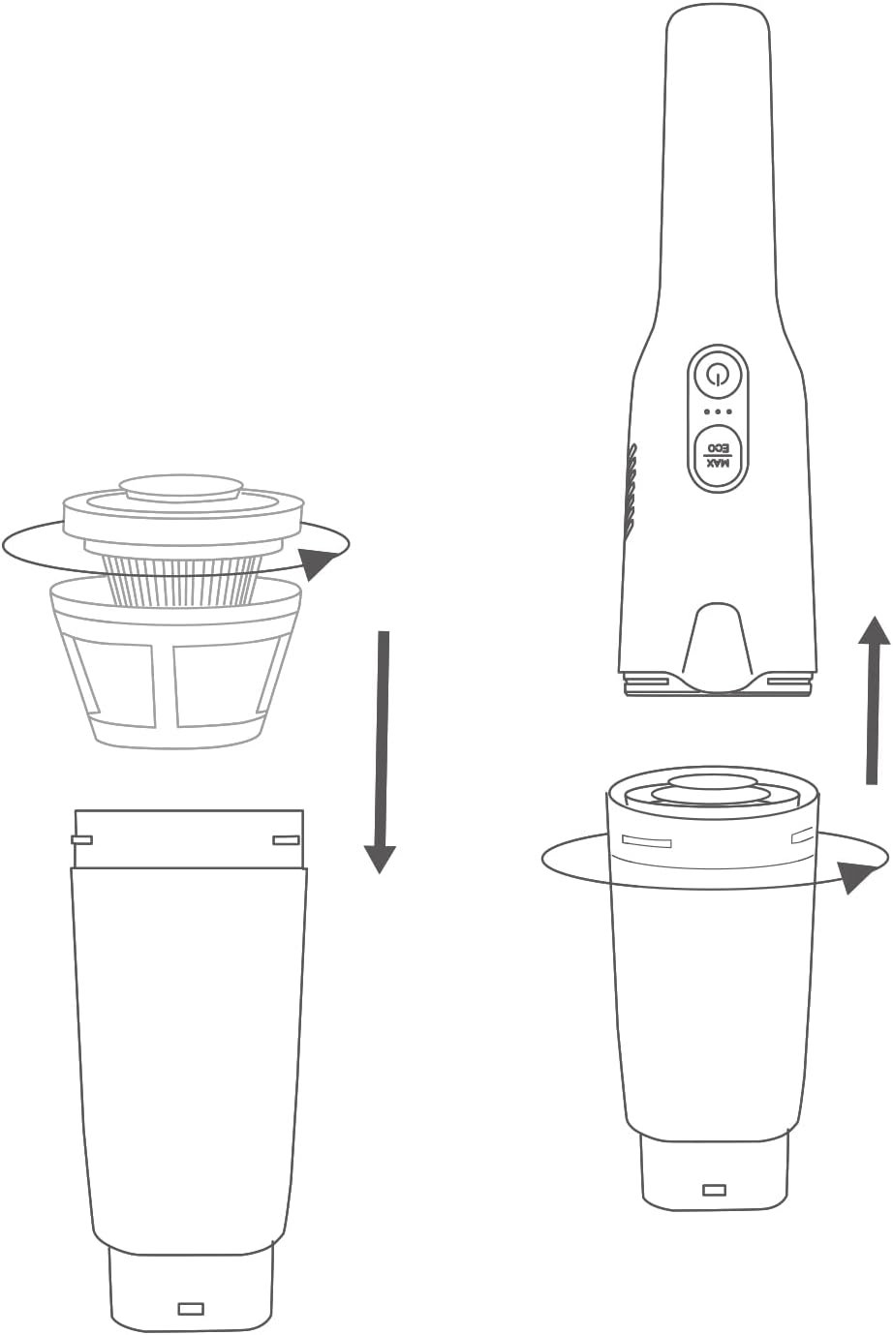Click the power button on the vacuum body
tap(717, 375)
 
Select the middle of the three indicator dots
tap(718, 411)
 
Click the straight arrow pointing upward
tap(873, 700)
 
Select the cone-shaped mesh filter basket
tap(176, 664)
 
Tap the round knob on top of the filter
tap(181, 489)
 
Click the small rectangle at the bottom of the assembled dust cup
tap(714, 1191)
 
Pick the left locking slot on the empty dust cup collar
tap(81, 840)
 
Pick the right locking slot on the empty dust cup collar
tap(286, 840)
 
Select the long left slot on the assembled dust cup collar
tap(646, 842)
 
